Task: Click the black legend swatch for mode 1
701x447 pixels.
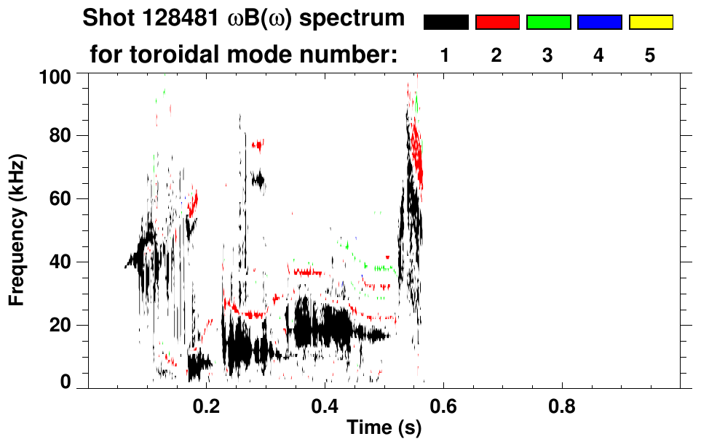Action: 446,23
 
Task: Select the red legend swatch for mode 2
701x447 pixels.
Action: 497,23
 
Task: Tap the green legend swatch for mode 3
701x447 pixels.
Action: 548,23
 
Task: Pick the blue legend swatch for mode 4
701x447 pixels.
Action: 599,23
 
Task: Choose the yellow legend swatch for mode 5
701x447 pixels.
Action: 650,23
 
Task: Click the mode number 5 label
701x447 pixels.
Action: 650,56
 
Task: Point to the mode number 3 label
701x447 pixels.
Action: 548,56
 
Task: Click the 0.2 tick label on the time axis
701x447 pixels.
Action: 207,406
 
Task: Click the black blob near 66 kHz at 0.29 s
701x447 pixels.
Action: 257,180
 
